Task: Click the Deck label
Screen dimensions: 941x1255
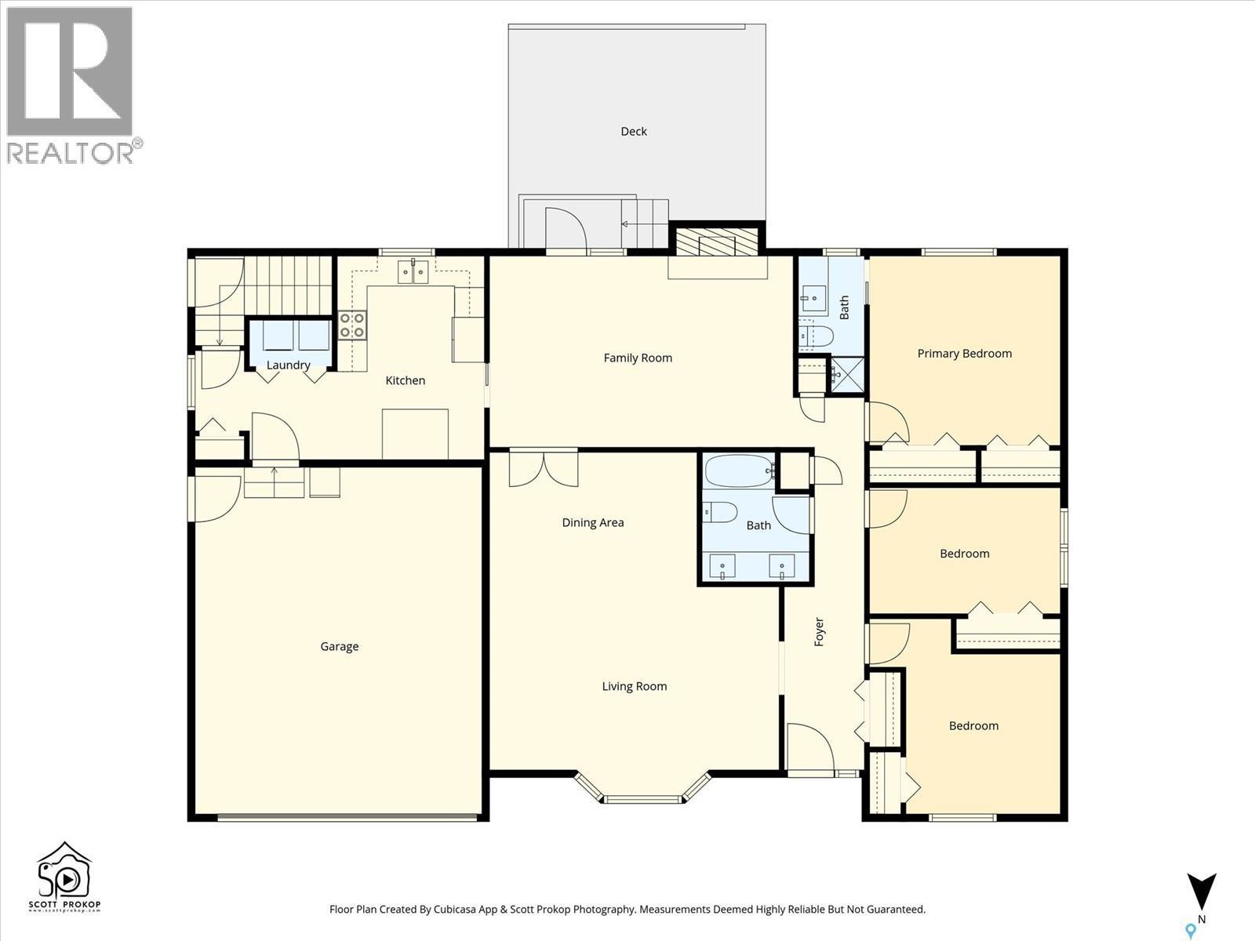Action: click(x=633, y=132)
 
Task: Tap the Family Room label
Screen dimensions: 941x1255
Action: click(x=638, y=358)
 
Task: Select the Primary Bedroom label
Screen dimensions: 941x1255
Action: click(x=964, y=354)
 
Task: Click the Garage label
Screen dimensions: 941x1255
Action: click(x=339, y=647)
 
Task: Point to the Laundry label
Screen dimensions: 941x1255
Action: click(x=288, y=365)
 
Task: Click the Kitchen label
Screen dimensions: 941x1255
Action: click(x=405, y=380)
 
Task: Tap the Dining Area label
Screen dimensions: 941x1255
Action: click(x=592, y=523)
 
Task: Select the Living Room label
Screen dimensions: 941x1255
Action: click(x=634, y=687)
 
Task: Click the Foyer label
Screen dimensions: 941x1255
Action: click(x=819, y=632)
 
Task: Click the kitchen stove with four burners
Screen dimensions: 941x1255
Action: click(x=352, y=325)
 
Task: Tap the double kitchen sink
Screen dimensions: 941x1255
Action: click(x=413, y=272)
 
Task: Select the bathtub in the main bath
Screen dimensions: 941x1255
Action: click(x=739, y=471)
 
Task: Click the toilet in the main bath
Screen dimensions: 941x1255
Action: click(x=720, y=513)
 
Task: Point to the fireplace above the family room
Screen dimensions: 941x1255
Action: click(x=715, y=242)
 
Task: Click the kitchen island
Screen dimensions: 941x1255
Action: click(x=415, y=434)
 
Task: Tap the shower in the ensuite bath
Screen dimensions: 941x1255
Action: click(x=847, y=373)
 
